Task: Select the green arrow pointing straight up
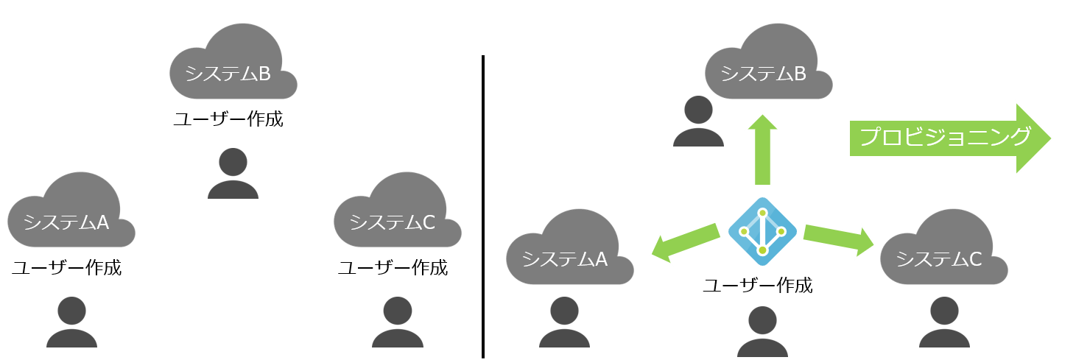coord(762,149)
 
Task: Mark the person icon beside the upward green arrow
coord(698,121)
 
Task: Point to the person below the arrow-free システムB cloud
coord(233,174)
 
